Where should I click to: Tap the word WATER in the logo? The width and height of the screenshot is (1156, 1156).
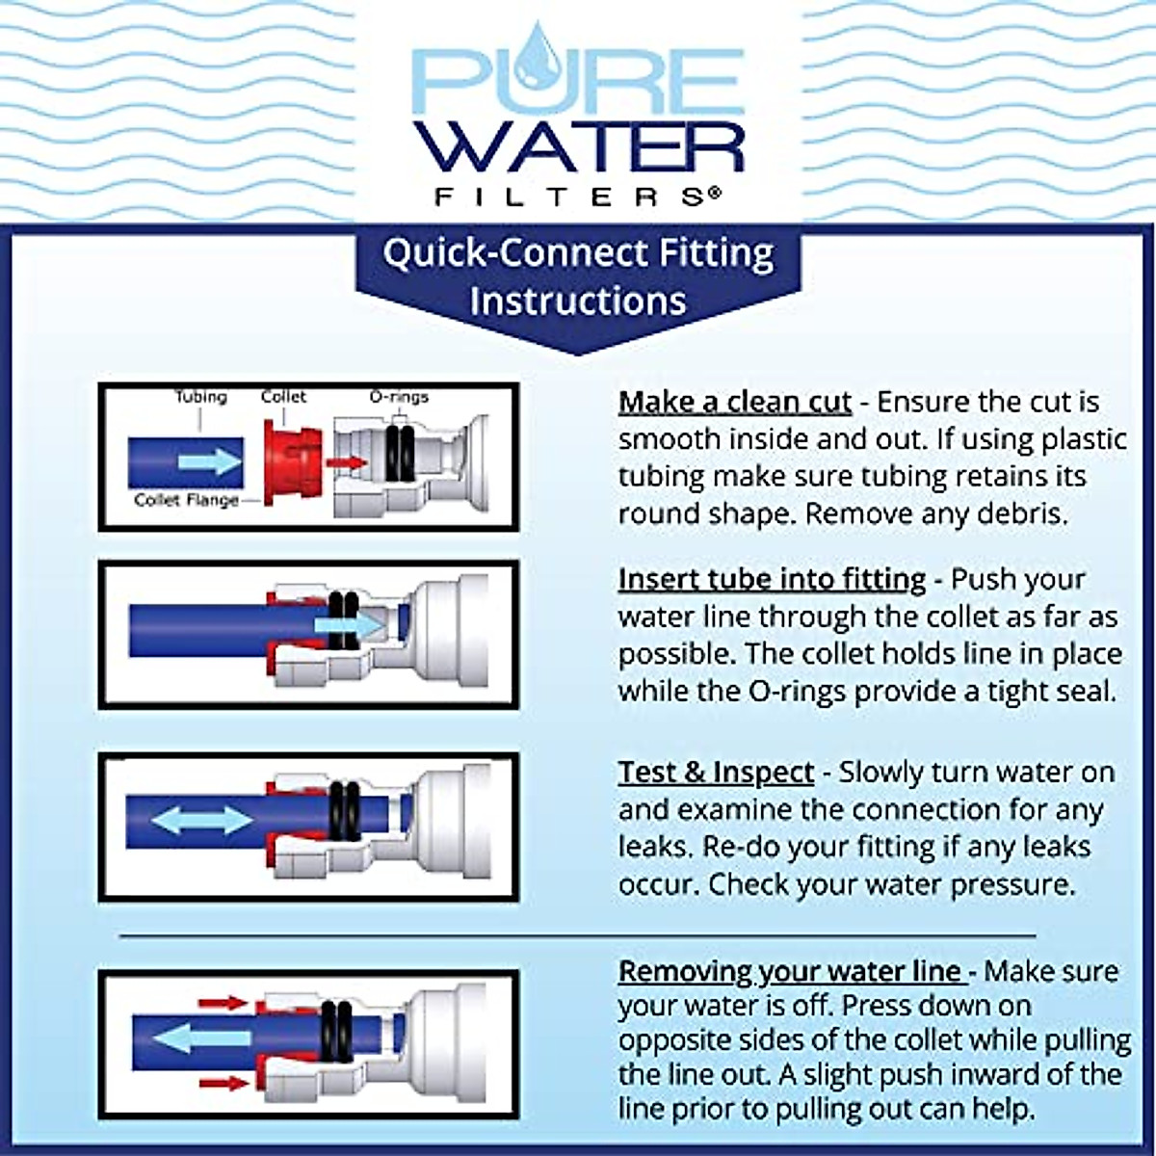[x=577, y=145]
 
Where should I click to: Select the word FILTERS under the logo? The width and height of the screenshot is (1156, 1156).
[x=577, y=197]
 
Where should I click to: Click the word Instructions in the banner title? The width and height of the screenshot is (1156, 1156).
[x=577, y=301]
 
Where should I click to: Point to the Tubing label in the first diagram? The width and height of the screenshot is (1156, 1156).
[x=200, y=397]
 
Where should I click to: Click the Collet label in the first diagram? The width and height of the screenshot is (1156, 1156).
[x=283, y=397]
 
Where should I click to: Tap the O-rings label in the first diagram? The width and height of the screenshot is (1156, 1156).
[x=399, y=397]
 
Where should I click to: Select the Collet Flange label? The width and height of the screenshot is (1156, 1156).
[x=186, y=500]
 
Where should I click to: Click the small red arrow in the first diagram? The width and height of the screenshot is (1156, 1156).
[x=347, y=463]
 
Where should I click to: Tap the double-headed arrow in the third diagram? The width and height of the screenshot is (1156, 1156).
[x=203, y=821]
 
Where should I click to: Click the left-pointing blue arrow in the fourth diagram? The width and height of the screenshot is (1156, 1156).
[x=202, y=1038]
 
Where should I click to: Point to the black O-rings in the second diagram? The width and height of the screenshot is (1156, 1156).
[x=343, y=617]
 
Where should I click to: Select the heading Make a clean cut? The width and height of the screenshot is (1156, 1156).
[x=734, y=403]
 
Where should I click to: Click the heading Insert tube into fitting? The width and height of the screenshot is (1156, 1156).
[x=772, y=580]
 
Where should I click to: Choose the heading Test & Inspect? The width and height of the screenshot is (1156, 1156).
[x=716, y=773]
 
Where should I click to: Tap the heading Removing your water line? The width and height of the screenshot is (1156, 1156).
[x=790, y=971]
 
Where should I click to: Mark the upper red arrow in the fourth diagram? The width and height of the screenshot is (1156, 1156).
[x=223, y=1003]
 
